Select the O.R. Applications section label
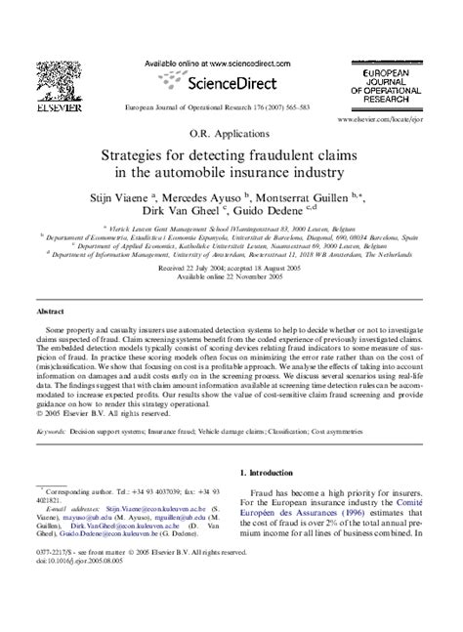coord(231,133)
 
